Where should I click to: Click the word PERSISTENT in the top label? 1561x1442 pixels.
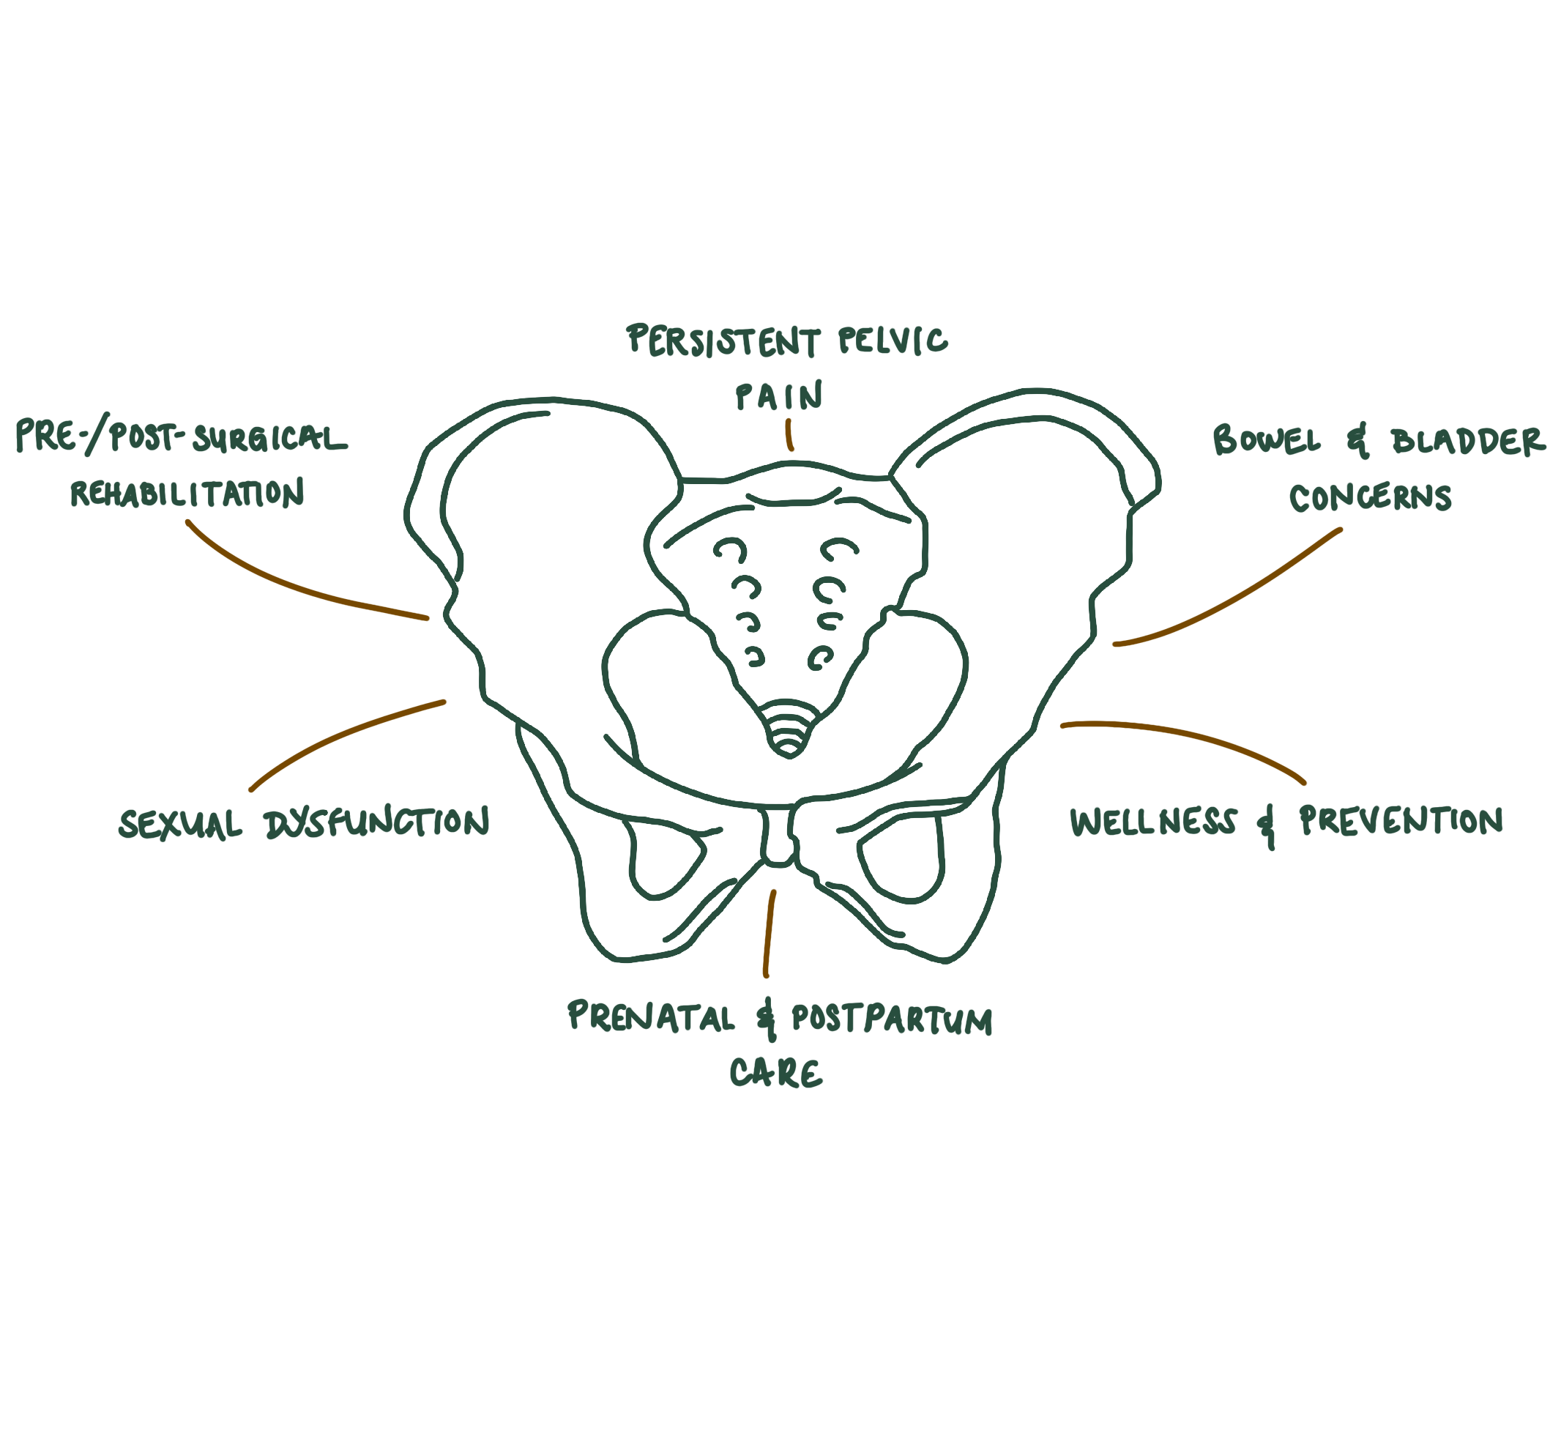[723, 342]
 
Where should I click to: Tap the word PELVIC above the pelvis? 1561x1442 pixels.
[893, 341]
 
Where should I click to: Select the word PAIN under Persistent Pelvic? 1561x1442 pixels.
[779, 396]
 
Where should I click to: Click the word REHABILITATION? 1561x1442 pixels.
[187, 493]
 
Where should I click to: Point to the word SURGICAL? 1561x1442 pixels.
[270, 439]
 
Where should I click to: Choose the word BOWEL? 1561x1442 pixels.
[1267, 441]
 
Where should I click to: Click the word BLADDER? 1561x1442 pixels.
[1467, 442]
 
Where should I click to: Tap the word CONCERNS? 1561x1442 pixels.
[1370, 498]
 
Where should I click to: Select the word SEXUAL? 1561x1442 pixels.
[180, 824]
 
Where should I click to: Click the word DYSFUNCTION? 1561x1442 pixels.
[377, 822]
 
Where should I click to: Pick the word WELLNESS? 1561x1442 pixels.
[1153, 822]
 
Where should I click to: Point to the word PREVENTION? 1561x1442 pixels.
[1401, 820]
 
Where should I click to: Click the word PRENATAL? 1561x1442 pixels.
[651, 1017]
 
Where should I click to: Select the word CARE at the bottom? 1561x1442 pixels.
[776, 1074]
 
